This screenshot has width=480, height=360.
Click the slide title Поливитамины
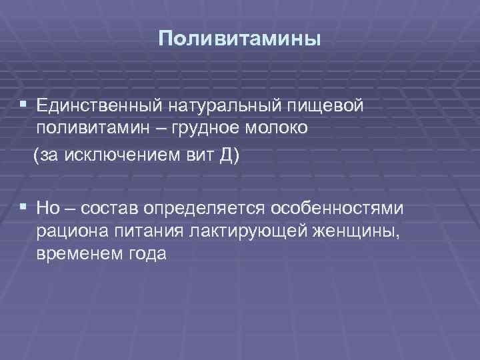(x=239, y=38)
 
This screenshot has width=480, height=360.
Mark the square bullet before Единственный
(x=24, y=105)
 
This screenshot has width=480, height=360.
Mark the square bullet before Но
(x=24, y=207)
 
